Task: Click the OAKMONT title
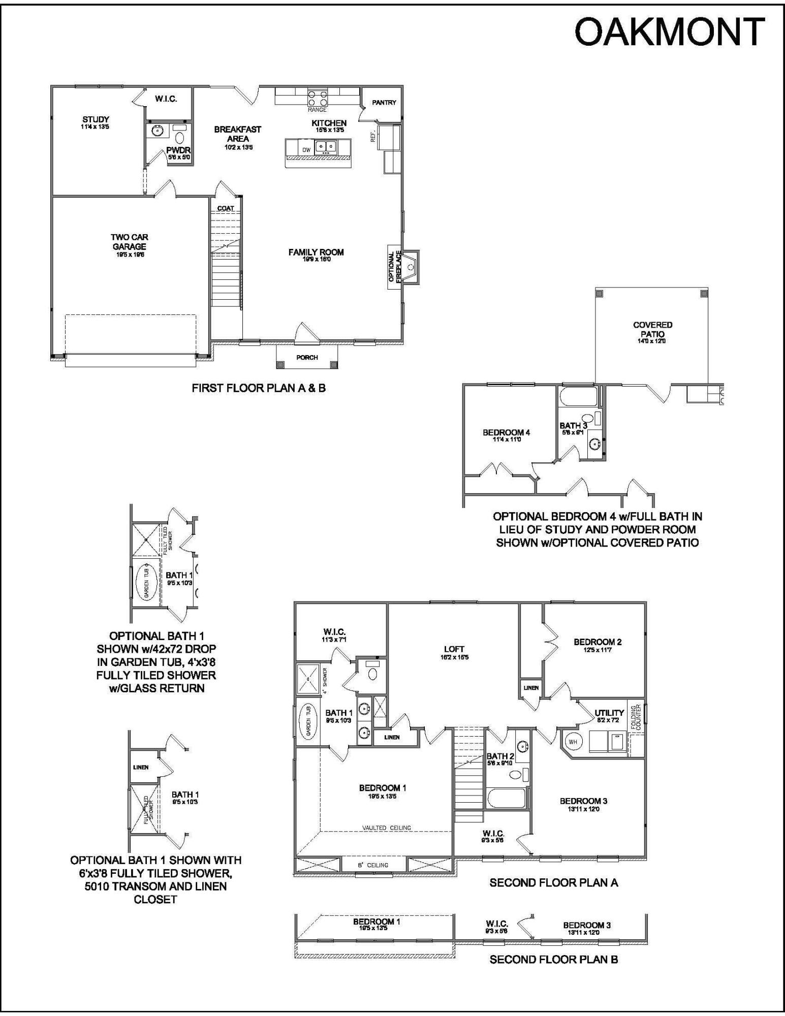[x=669, y=31]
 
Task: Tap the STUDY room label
[x=96, y=120]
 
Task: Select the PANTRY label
[x=384, y=103]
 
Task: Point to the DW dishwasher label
[x=306, y=150]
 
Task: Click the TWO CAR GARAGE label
[x=129, y=242]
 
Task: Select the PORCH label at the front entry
[x=307, y=357]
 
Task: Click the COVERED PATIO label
[x=652, y=329]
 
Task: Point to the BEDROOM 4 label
[x=506, y=432]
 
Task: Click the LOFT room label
[x=454, y=649]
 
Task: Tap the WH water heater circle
[x=573, y=742]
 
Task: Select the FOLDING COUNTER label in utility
[x=636, y=717]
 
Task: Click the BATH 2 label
[x=500, y=756]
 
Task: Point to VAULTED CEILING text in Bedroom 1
[x=386, y=828]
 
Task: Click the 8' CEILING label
[x=373, y=865]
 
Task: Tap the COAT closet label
[x=226, y=208]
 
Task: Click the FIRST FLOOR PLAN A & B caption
[x=258, y=388]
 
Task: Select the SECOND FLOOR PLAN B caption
[x=553, y=959]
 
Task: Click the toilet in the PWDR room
[x=180, y=137]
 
